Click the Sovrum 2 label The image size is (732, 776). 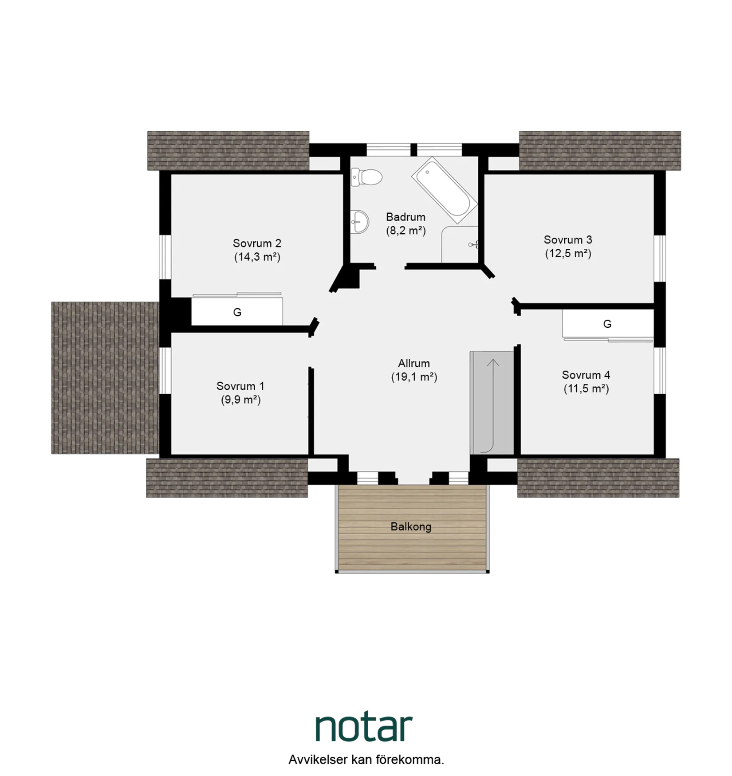pyautogui.click(x=257, y=243)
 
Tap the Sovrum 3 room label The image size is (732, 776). pyautogui.click(x=568, y=240)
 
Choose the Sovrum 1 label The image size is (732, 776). pyautogui.click(x=240, y=386)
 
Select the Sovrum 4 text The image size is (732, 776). pyautogui.click(x=586, y=375)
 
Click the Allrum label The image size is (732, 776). pyautogui.click(x=413, y=364)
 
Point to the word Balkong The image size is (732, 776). pyautogui.click(x=411, y=527)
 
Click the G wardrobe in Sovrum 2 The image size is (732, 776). pyautogui.click(x=237, y=312)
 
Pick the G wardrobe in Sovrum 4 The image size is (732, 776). pyautogui.click(x=607, y=324)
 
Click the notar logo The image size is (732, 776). pyautogui.click(x=364, y=729)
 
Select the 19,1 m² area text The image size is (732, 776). pyautogui.click(x=414, y=377)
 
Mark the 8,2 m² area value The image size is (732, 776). pyautogui.click(x=405, y=231)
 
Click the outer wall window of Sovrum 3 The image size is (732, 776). pyautogui.click(x=660, y=258)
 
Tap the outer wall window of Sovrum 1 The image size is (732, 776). pyautogui.click(x=165, y=371)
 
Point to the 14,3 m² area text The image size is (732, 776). pyautogui.click(x=257, y=257)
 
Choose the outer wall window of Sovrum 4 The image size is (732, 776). pyautogui.click(x=660, y=371)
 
